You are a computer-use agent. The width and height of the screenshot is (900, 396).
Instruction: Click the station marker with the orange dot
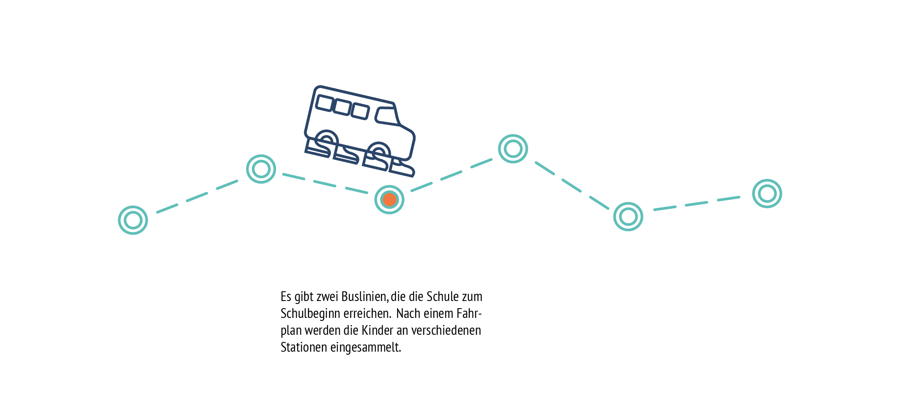click(x=389, y=200)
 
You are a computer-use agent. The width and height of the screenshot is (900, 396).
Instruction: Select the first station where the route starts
click(x=133, y=220)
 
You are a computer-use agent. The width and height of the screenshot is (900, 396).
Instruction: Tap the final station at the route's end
click(x=767, y=193)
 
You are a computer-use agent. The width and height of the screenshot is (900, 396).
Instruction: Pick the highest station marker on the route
click(x=513, y=149)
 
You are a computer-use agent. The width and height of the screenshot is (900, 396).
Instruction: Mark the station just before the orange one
click(x=261, y=169)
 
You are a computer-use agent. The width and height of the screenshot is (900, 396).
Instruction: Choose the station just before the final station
click(x=628, y=217)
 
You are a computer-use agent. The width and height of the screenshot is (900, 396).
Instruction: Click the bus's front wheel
click(x=378, y=152)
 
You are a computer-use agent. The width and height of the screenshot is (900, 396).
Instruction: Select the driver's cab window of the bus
click(x=387, y=116)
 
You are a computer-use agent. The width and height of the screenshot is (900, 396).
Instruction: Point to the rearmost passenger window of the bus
click(x=325, y=103)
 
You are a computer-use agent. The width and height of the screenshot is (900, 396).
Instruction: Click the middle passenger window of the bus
click(x=342, y=107)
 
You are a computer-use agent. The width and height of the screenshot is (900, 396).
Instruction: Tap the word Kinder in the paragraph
click(x=377, y=330)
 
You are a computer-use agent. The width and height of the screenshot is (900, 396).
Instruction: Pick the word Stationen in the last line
click(x=304, y=347)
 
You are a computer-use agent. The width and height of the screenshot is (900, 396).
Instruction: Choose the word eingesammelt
click(x=365, y=347)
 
